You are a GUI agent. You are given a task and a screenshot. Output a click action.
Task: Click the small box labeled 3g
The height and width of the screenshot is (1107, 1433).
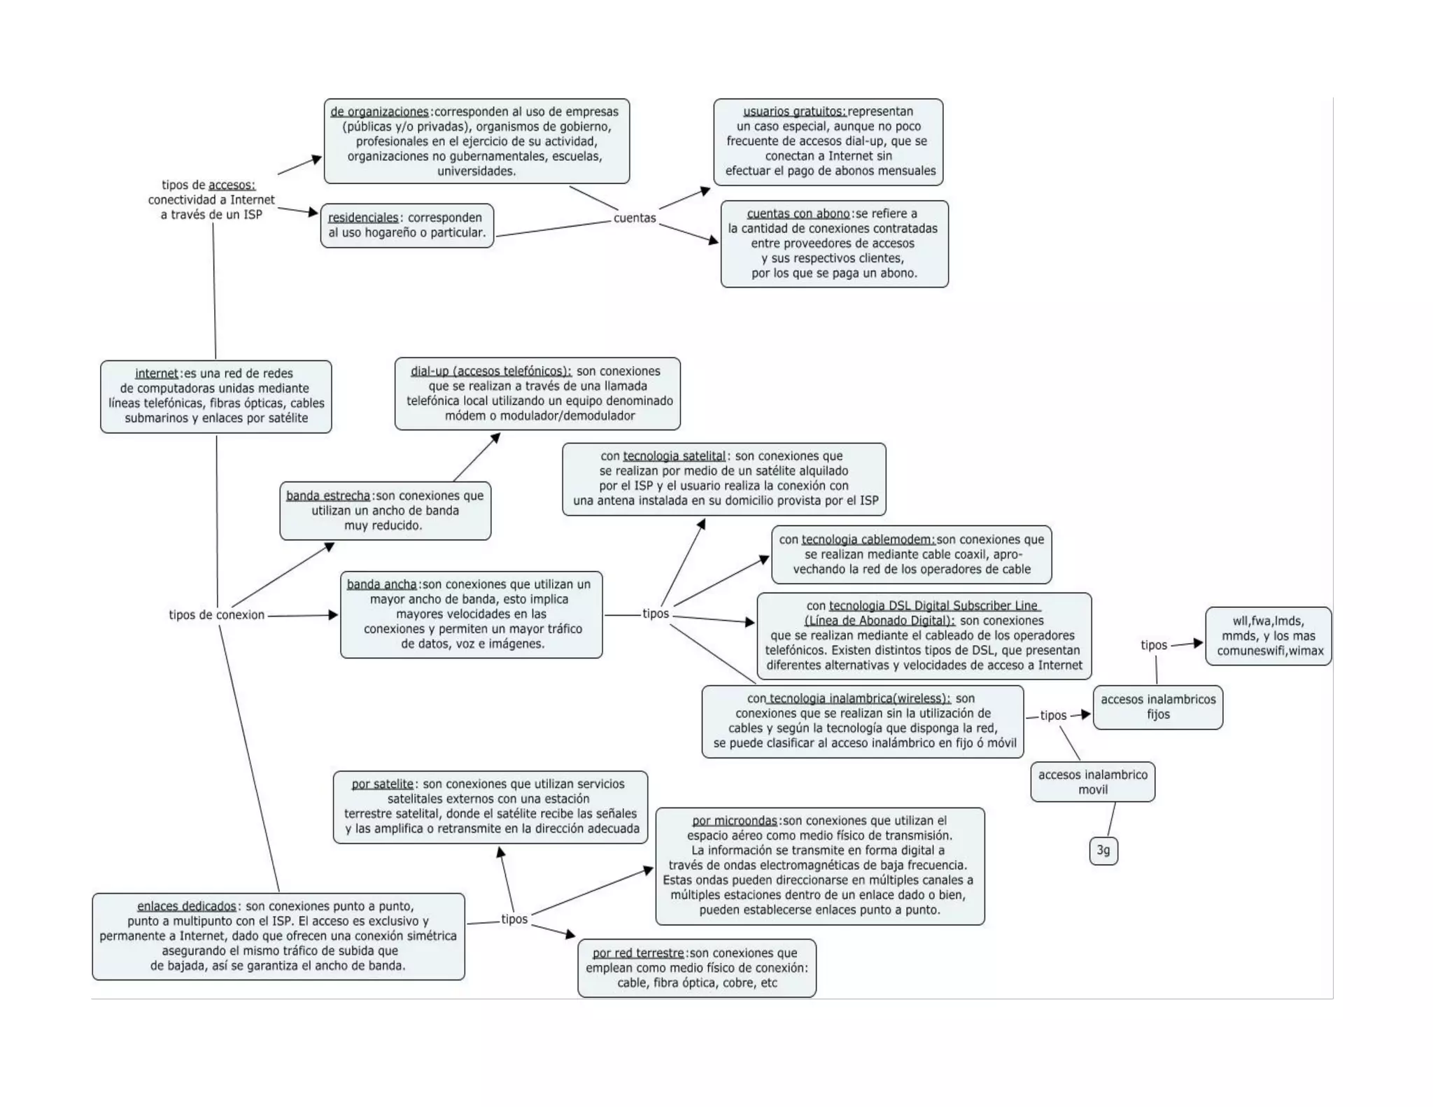[x=1103, y=850]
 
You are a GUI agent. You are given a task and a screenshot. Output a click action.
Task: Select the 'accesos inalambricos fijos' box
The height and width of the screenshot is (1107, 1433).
[x=1158, y=707]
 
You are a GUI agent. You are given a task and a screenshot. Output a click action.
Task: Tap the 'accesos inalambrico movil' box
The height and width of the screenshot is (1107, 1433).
[x=1092, y=782]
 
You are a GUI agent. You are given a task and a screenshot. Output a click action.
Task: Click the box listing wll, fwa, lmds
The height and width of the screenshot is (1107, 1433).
[x=1268, y=635]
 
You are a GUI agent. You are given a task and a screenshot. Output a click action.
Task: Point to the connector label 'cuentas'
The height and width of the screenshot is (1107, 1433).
[x=635, y=218]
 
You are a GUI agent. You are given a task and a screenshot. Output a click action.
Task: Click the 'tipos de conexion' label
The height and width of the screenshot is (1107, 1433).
[x=216, y=614]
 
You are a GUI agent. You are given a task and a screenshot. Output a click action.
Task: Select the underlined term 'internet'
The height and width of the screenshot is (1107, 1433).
[x=157, y=374]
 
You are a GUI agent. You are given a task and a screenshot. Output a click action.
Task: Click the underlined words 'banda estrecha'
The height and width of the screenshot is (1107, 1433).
[x=327, y=495]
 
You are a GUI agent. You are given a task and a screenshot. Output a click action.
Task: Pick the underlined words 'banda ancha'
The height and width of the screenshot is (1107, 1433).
[x=381, y=584]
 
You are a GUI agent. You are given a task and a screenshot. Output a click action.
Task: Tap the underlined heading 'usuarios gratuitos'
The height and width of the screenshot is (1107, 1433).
[x=794, y=111]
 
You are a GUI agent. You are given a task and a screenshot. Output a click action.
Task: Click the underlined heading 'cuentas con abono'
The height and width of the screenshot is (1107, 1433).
[x=798, y=213]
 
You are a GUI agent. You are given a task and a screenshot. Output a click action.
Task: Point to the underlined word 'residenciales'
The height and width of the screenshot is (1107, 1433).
[x=363, y=218]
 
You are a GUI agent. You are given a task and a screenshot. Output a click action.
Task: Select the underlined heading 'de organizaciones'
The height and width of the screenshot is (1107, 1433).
[x=379, y=111]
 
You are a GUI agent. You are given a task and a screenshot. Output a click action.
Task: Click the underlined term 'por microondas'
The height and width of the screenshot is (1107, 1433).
[x=735, y=820]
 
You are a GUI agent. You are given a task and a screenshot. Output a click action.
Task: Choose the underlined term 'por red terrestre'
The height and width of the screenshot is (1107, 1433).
[x=638, y=952]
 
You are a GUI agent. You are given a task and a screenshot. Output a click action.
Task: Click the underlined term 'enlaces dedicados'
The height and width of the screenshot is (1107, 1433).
[x=186, y=906]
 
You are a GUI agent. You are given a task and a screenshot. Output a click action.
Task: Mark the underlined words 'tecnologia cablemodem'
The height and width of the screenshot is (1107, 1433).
[x=868, y=540]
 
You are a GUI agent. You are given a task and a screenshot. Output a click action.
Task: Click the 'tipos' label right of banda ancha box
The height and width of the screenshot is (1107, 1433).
[x=656, y=614]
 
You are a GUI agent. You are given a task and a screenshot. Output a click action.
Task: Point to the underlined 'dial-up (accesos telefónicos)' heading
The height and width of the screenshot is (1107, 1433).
[x=490, y=371]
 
